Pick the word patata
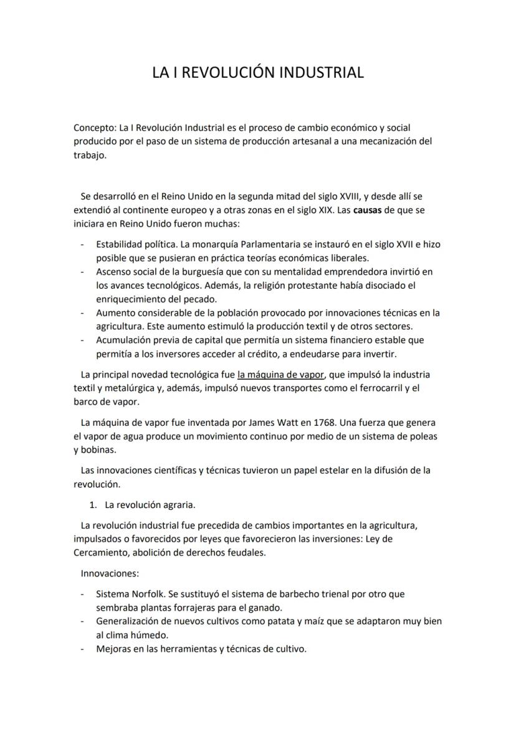coord(267,621)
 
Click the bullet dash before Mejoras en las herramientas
coord(83,649)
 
